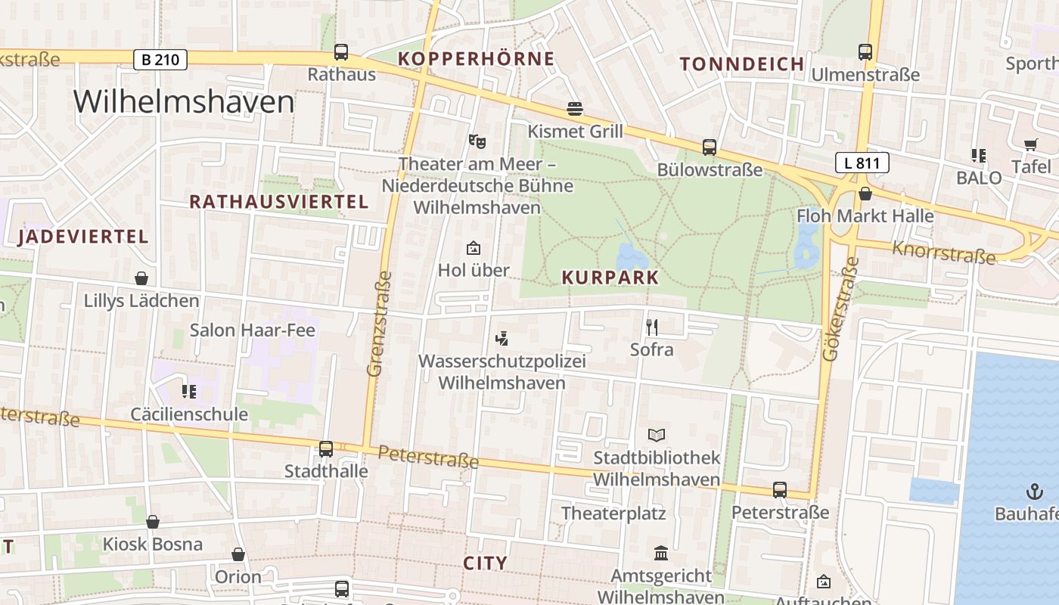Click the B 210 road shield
coord(160,59)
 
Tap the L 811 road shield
coord(862,162)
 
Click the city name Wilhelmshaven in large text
coord(184,102)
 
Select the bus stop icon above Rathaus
coord(341,52)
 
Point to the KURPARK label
coord(610,278)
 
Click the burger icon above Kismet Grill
coord(575,109)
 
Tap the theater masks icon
coord(477,141)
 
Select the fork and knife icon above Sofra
coord(652,327)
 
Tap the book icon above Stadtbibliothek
coord(657,435)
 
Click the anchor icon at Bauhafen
coord(1033,492)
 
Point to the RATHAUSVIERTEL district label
coord(278,202)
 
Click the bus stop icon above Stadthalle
coord(326,448)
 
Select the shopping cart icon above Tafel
coord(1030,144)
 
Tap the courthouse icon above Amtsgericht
coord(661,554)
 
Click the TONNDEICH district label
coord(741,64)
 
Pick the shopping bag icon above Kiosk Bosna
coord(153,522)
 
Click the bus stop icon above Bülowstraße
coord(709,147)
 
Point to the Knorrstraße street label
coord(944,252)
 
